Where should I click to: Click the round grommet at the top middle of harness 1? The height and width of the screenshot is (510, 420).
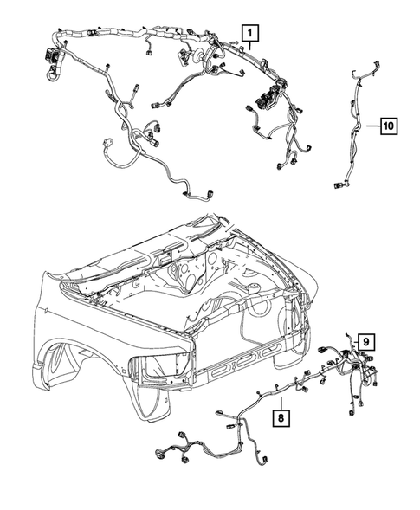click(192, 56)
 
